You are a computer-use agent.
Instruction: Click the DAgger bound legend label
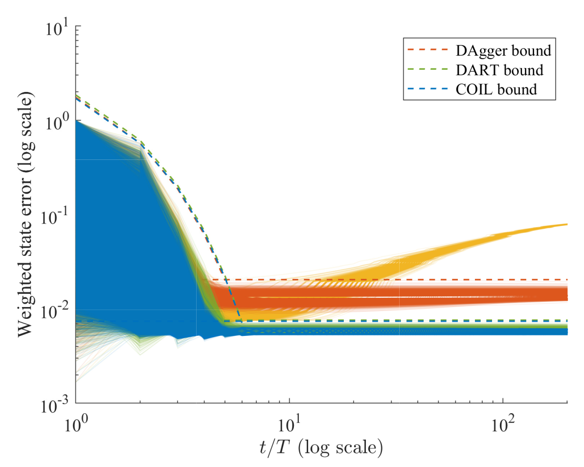pos(497,50)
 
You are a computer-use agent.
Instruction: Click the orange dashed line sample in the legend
pos(426,50)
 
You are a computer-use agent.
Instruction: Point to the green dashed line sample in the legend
pos(426,70)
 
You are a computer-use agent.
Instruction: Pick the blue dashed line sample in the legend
pos(426,89)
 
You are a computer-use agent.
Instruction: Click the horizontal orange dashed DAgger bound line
pos(391,280)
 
